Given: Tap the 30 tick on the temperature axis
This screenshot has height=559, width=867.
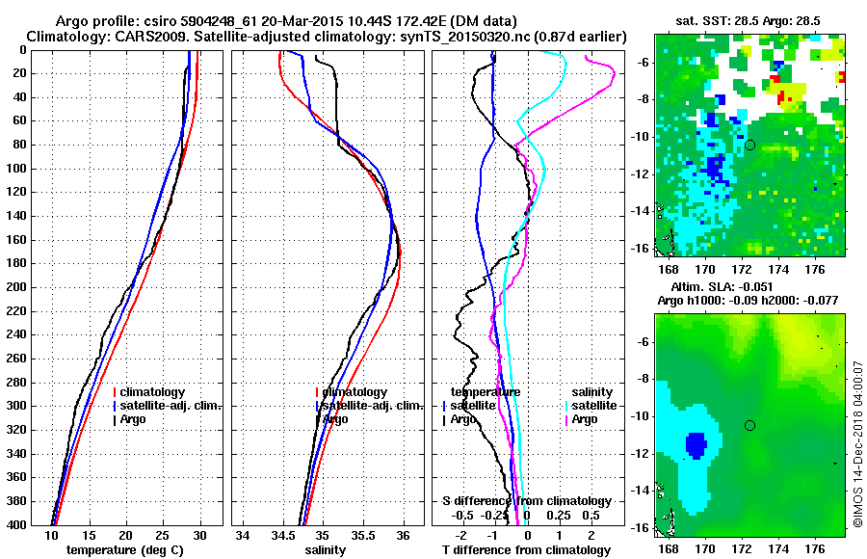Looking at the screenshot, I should (x=198, y=535).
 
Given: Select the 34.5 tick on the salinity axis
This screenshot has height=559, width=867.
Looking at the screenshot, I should (x=283, y=535).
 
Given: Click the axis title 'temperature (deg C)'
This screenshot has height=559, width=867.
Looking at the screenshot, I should (x=125, y=549).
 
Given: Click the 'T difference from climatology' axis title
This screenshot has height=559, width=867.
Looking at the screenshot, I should (x=526, y=549).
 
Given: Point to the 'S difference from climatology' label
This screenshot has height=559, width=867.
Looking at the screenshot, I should (x=526, y=501).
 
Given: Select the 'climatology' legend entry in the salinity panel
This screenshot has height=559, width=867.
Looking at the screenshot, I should (x=355, y=392).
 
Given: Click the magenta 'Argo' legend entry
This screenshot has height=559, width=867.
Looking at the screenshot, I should (x=585, y=419).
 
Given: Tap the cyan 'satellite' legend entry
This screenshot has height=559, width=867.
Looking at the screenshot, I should (x=590, y=406).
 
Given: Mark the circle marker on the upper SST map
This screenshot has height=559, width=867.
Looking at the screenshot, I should (x=750, y=145).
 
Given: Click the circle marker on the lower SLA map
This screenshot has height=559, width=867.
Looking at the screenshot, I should (x=749, y=425).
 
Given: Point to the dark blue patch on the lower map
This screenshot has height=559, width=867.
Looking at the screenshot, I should (x=696, y=444).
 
